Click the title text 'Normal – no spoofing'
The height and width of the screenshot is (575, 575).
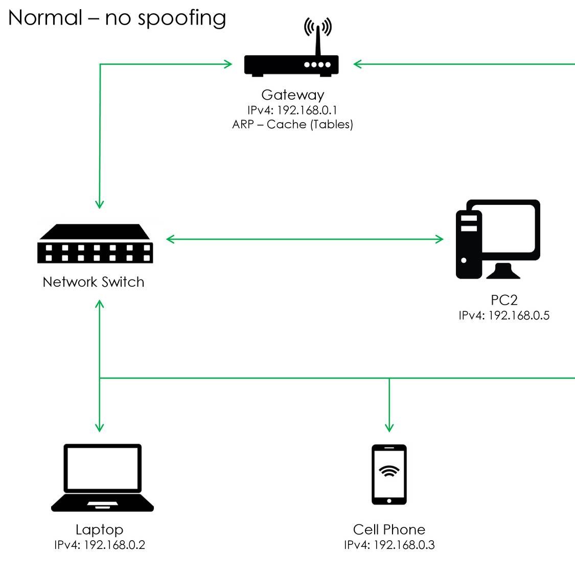(x=117, y=18)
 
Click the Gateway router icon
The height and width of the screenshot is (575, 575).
(x=291, y=65)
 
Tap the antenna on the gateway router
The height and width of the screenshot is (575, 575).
(x=317, y=38)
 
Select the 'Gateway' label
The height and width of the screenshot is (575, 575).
(x=292, y=95)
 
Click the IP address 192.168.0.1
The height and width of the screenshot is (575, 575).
(x=292, y=110)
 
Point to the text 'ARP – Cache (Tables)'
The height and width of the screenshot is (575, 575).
(x=292, y=124)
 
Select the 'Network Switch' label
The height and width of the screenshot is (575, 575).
(x=94, y=282)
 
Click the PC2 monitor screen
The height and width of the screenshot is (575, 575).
(x=510, y=229)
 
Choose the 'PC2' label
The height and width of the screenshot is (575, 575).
(x=504, y=300)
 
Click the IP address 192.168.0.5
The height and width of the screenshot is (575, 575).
(x=504, y=315)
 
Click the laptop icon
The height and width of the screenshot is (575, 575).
(x=102, y=477)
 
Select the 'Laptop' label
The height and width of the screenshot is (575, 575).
(x=99, y=530)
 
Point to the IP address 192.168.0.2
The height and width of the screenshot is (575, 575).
(x=100, y=545)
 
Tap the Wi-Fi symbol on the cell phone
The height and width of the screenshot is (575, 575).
(x=389, y=471)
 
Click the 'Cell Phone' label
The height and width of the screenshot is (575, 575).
(x=389, y=530)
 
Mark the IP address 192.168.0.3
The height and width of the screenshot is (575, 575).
(x=389, y=545)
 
